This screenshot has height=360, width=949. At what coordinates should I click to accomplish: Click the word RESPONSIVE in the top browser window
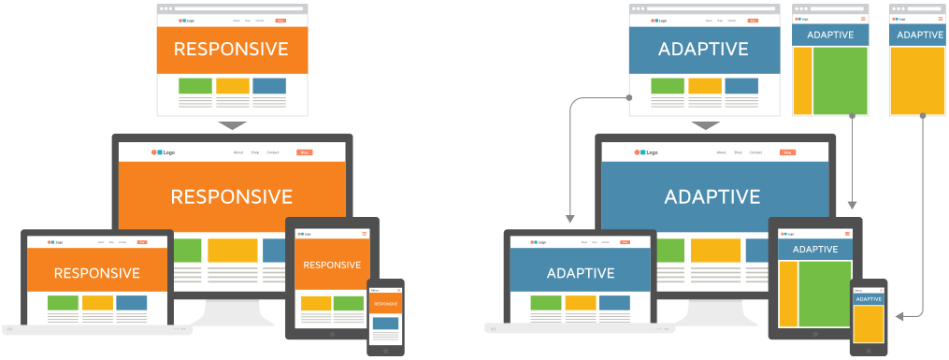point(231,50)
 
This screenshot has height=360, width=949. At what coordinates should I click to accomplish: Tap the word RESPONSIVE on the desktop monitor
point(231,197)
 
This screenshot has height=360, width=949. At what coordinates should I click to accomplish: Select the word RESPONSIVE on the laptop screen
point(96,273)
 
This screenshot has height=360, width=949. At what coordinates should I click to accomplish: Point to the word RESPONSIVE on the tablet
point(332,265)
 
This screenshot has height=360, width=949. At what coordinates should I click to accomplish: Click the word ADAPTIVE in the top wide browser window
point(704,50)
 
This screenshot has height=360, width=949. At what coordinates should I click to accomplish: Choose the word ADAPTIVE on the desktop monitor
point(712,197)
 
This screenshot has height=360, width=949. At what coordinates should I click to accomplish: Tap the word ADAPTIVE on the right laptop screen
point(580,273)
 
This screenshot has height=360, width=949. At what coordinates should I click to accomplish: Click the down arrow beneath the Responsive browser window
point(231,125)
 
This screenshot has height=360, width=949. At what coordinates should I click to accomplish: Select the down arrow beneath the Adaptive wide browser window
point(705,125)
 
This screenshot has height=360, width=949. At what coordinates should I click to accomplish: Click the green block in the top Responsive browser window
point(194,86)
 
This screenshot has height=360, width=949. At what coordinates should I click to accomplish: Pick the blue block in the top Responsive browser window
point(269,86)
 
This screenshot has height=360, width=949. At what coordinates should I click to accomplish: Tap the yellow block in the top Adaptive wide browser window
point(704,86)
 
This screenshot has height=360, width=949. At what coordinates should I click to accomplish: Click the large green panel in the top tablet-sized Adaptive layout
point(840,79)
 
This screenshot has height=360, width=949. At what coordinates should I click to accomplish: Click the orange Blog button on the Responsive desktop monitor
point(304,151)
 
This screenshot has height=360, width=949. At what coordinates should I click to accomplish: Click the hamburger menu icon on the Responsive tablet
point(364,232)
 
